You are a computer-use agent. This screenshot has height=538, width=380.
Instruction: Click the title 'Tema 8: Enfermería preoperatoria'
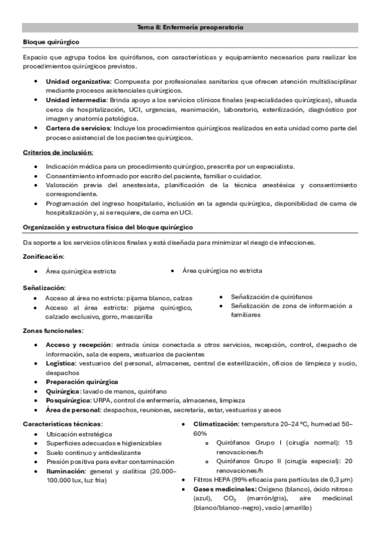(190, 27)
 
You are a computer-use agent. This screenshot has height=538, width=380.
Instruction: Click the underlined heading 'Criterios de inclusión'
(58, 152)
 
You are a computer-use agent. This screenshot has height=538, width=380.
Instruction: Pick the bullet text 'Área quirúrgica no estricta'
(222, 271)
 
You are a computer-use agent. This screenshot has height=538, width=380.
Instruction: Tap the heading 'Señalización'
(44, 287)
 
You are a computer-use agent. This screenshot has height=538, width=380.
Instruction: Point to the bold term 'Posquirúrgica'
(68, 400)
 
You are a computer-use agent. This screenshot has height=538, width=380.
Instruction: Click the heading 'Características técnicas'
(62, 423)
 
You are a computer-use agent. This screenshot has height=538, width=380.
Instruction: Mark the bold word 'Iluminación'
(66, 471)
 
